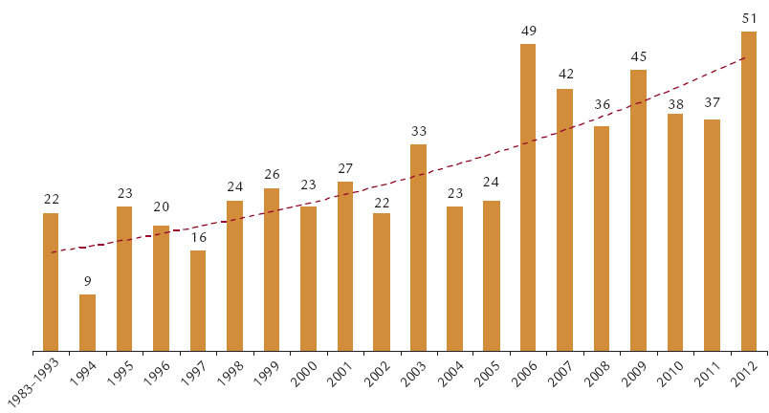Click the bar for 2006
pos(528,197)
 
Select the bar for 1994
pos(87,322)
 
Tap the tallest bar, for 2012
pos(749,191)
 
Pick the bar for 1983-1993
pos(51,281)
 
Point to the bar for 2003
pos(418,247)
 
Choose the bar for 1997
pos(198,300)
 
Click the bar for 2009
pos(639,210)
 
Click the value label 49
pos(528,31)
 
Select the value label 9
pos(87,281)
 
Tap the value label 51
pos(749,18)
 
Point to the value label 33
pos(418,131)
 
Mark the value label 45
pos(639,56)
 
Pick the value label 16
pos(198,237)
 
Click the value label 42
pos(564,76)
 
